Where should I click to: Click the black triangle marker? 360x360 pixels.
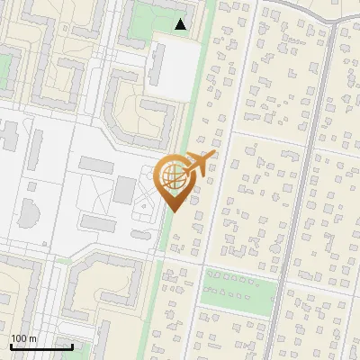pos(181,24)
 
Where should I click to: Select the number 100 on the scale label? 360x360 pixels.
pos(20,338)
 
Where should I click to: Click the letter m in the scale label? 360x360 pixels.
pos(33,338)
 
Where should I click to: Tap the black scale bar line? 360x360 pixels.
pos(40,346)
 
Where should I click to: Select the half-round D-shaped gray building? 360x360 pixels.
pos(28,214)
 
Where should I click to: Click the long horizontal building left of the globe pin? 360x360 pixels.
pos(95,164)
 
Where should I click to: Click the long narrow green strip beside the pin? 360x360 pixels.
pos(193,108)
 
